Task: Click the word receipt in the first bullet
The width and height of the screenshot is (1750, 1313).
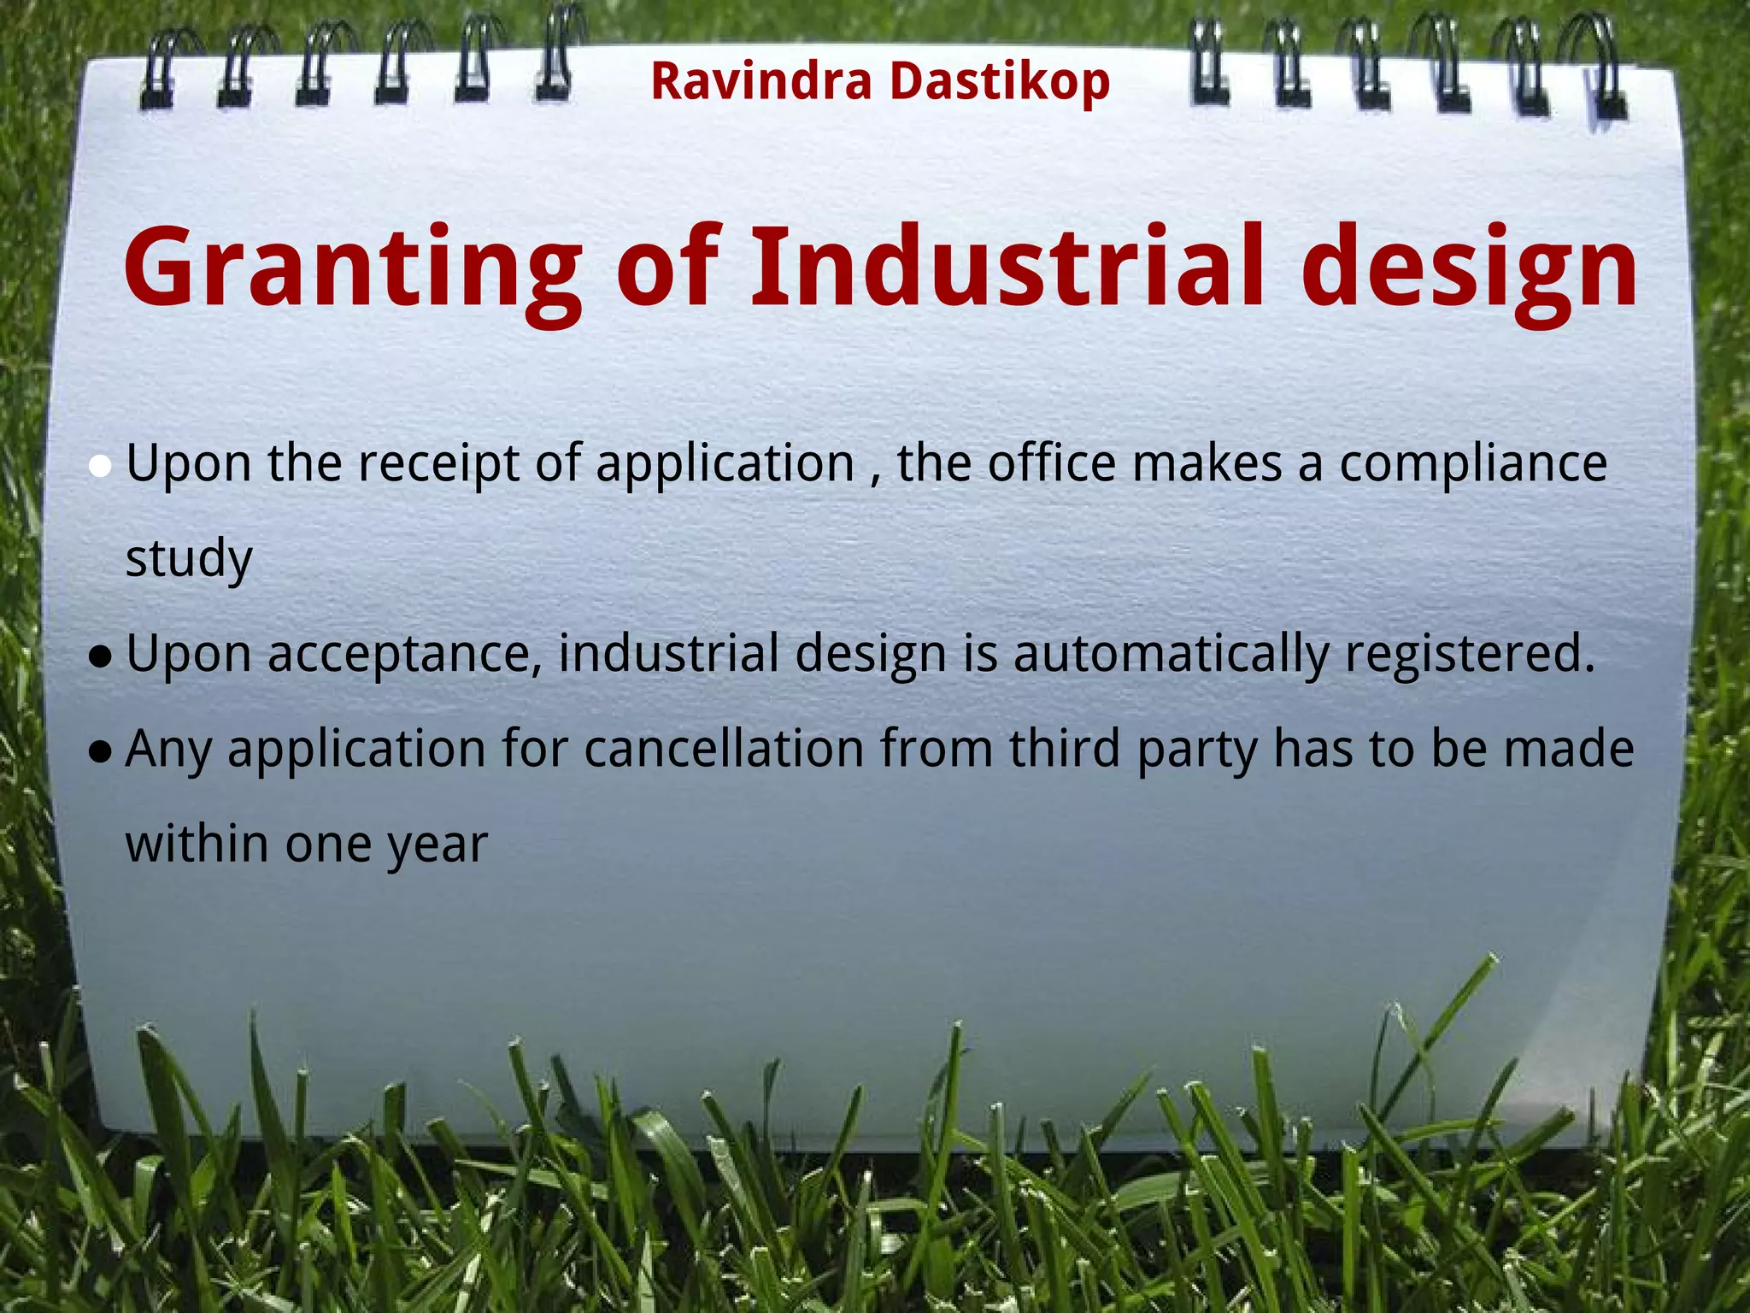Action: tap(438, 464)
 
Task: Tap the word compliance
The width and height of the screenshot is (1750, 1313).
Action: tap(1472, 464)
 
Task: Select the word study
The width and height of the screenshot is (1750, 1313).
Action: tap(189, 559)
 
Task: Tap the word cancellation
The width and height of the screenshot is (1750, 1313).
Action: tap(725, 749)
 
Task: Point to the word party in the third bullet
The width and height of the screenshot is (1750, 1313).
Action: tap(1197, 751)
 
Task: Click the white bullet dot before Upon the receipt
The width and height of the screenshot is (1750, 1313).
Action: tap(101, 467)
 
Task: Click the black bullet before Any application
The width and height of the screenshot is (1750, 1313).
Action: tap(101, 751)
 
